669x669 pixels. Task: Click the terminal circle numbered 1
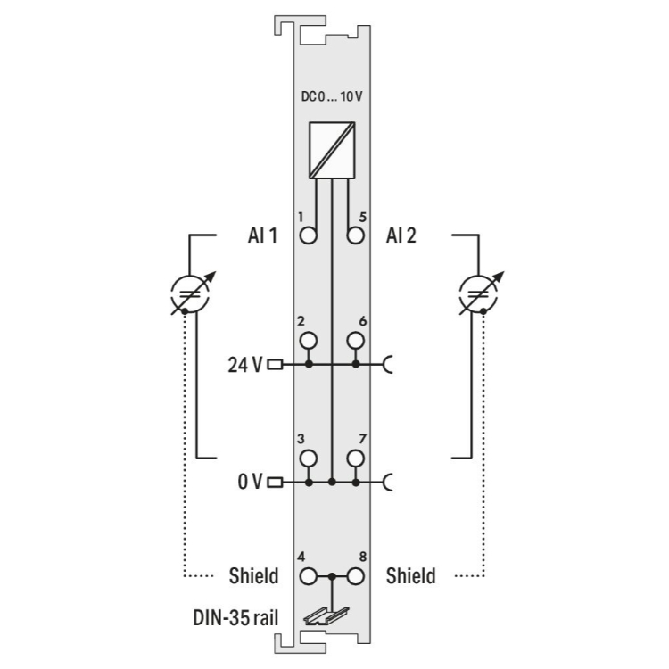pyautogui.click(x=309, y=235)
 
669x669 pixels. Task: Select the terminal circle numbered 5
pyautogui.click(x=355, y=235)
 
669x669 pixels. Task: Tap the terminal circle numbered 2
pyautogui.click(x=309, y=341)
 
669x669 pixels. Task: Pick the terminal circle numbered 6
pyautogui.click(x=355, y=341)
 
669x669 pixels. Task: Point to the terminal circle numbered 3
pyautogui.click(x=309, y=458)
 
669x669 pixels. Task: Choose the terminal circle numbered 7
pyautogui.click(x=355, y=458)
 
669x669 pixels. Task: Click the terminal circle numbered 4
pyautogui.click(x=309, y=576)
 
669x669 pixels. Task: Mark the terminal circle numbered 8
pyautogui.click(x=355, y=576)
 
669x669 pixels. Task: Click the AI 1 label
pyautogui.click(x=262, y=235)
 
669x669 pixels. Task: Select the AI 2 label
pyautogui.click(x=401, y=235)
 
